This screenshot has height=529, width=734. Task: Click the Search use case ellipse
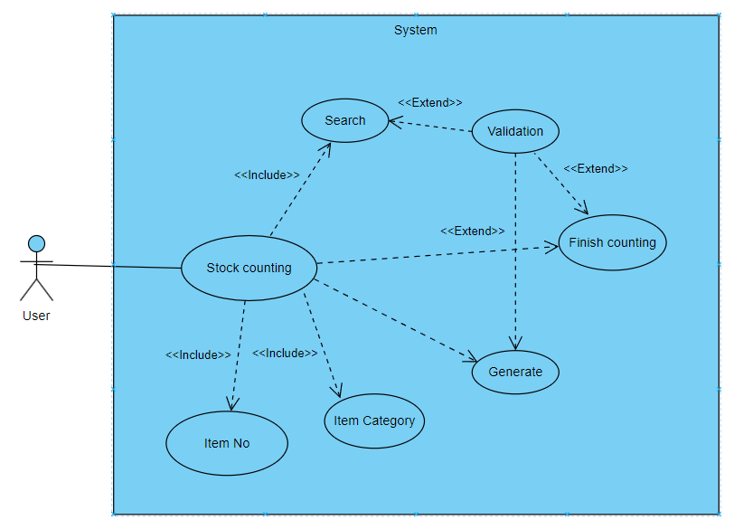point(345,120)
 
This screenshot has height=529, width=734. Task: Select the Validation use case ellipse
point(515,131)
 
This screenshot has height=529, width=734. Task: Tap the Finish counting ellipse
point(612,242)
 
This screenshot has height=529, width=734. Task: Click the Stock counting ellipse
point(249,268)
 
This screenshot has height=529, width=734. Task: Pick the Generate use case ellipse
point(515,372)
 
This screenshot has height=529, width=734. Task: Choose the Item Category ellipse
point(373,420)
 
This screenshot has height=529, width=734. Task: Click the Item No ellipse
point(227,443)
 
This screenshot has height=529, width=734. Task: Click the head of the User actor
point(36,243)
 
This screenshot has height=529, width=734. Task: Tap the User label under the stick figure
point(36,316)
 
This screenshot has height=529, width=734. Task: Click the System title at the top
point(415,30)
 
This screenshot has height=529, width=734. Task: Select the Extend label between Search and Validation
point(430,102)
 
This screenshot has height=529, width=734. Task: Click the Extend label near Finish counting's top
point(595,168)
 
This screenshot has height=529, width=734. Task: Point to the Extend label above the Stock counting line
point(473,231)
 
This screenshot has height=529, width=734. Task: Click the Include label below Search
point(267,175)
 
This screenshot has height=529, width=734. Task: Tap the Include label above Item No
point(198,354)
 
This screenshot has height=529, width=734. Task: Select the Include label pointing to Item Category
point(285,353)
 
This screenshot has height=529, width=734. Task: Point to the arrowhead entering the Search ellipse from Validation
point(394,121)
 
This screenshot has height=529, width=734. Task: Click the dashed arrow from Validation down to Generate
point(515,253)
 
